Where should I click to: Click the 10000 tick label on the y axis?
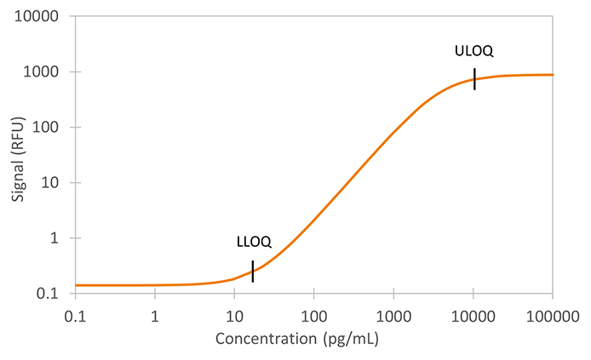pyautogui.click(x=39, y=17)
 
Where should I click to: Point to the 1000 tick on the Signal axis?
pyautogui.click(x=43, y=72)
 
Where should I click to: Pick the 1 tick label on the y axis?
pyautogui.click(x=55, y=238)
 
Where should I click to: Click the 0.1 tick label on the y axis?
pyautogui.click(x=49, y=294)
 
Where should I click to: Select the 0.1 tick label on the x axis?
pyautogui.click(x=75, y=316)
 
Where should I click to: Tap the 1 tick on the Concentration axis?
pyautogui.click(x=155, y=316)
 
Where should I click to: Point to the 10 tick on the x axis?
pyautogui.click(x=234, y=316)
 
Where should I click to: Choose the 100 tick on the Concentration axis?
pyautogui.click(x=314, y=316)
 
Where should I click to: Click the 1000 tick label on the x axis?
pyautogui.click(x=393, y=316)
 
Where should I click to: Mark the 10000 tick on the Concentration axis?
pyautogui.click(x=473, y=316)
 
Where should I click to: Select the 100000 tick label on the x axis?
pyautogui.click(x=553, y=316)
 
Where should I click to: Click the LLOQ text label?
pyautogui.click(x=253, y=243)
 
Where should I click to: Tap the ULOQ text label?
pyautogui.click(x=474, y=51)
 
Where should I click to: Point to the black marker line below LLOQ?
pyautogui.click(x=253, y=271)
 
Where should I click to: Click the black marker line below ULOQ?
pyautogui.click(x=474, y=78)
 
